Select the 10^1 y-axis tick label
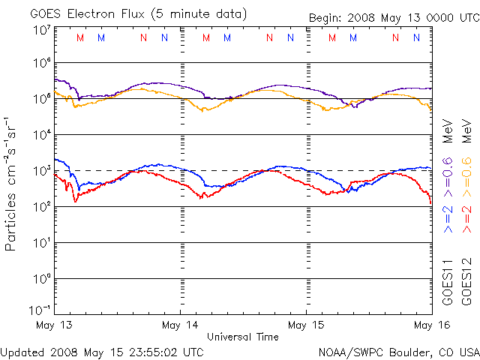42,243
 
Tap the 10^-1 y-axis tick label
40,310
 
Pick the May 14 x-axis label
180,325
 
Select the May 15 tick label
307,325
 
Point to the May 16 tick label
426,325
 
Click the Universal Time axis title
243,337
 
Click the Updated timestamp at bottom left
102,351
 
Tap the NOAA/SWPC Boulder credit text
397,351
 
